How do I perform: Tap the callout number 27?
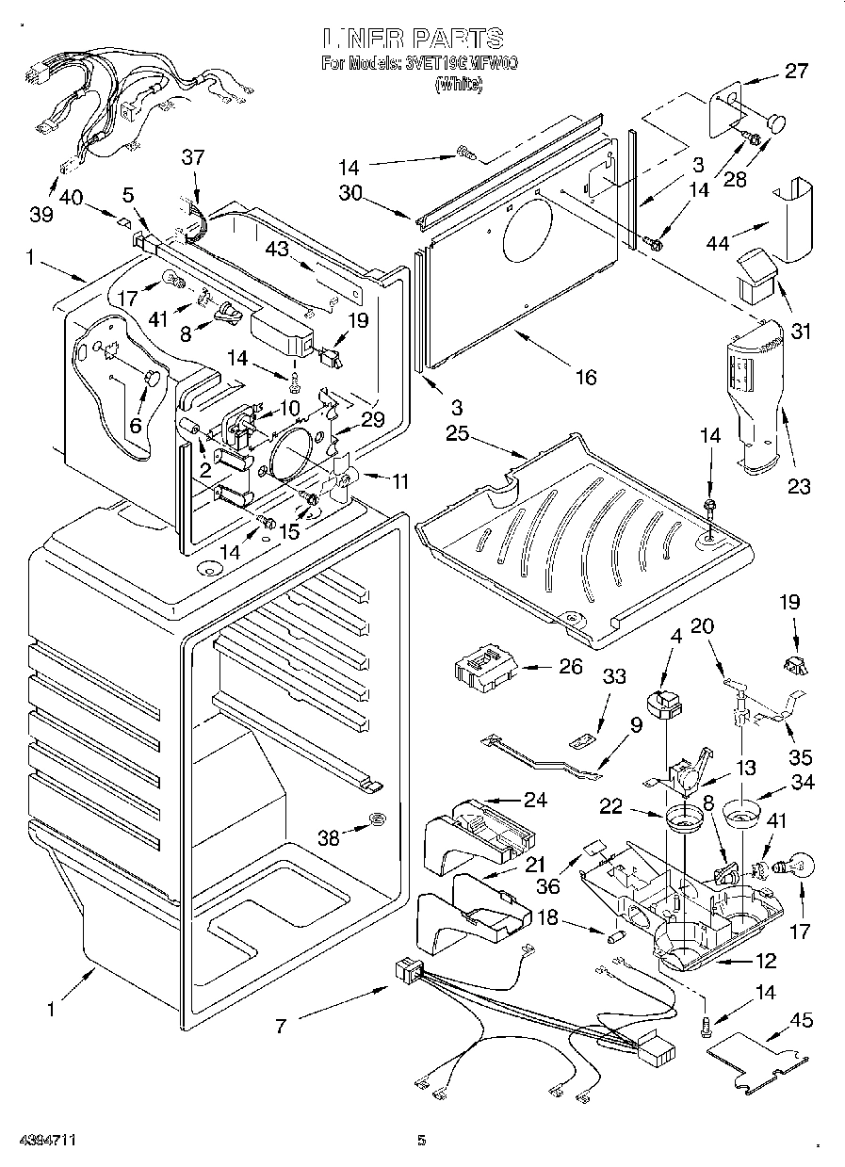tap(797, 70)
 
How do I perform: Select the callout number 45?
tap(803, 1021)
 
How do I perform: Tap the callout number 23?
tap(799, 487)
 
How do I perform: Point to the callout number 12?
tap(765, 961)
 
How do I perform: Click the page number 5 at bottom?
tap(422, 1142)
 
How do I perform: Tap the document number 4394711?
tap(40, 1142)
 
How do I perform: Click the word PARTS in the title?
tap(456, 39)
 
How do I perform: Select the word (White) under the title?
tap(458, 86)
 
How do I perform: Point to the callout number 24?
tap(535, 801)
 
